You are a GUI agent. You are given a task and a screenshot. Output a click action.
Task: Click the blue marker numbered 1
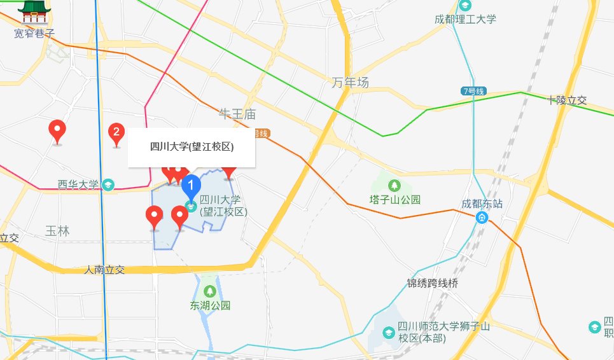click(192, 186)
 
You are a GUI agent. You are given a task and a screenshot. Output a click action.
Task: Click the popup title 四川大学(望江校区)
click(192, 147)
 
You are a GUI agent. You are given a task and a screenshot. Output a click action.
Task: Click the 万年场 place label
click(350, 83)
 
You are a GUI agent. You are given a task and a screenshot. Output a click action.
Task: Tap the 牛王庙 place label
click(237, 114)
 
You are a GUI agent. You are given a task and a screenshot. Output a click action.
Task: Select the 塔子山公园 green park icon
click(395, 185)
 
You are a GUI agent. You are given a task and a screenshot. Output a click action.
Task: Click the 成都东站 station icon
click(483, 218)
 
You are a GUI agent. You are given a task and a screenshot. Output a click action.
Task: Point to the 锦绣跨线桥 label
click(432, 283)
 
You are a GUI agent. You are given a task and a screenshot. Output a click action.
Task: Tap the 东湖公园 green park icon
click(210, 291)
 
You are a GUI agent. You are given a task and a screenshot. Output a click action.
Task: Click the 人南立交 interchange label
click(104, 270)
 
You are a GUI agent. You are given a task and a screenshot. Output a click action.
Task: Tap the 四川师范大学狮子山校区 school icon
click(388, 333)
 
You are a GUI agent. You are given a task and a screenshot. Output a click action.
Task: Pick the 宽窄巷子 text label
click(34, 33)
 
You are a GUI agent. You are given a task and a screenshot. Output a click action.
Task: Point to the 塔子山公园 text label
click(395, 200)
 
